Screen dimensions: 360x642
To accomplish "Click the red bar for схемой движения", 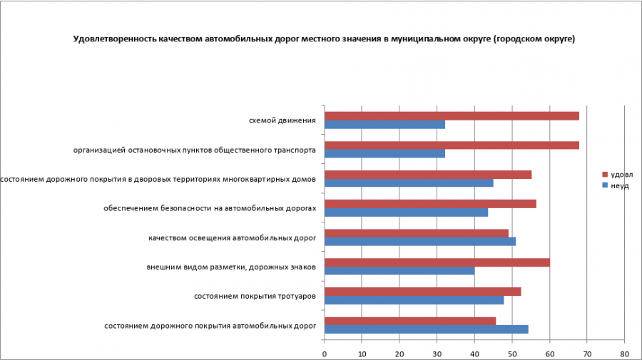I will [x=452, y=115].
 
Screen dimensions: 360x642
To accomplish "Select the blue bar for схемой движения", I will [x=385, y=124].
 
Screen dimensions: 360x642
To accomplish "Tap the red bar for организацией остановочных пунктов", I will [x=452, y=145].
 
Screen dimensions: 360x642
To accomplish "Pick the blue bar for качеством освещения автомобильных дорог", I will [x=420, y=241].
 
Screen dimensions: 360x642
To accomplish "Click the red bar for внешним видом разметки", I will [x=437, y=262].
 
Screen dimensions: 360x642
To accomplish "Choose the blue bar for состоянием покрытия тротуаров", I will [x=414, y=299].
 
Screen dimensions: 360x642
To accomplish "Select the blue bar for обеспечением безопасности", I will [x=407, y=212].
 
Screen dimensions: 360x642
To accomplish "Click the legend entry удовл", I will [x=621, y=174].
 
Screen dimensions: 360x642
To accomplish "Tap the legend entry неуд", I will [x=619, y=185].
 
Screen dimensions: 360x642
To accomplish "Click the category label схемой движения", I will [x=282, y=120].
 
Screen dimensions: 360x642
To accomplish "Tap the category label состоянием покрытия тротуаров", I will [x=255, y=296].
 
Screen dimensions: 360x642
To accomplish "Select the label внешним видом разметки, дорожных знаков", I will [x=230, y=267].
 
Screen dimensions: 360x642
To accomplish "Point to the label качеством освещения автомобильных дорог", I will [x=233, y=237].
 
